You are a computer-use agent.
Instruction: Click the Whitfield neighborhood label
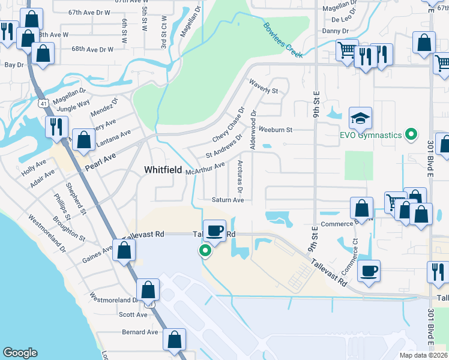pyautogui.click(x=163, y=170)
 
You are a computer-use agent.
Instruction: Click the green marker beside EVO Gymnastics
pyautogui.click(x=411, y=134)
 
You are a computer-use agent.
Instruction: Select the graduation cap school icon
pyautogui.click(x=361, y=119)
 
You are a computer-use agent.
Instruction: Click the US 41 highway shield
pyautogui.click(x=44, y=104)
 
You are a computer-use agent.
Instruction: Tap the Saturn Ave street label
pyautogui.click(x=228, y=200)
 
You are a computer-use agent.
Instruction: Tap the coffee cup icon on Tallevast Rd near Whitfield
pyautogui.click(x=214, y=230)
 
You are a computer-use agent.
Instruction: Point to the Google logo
pyautogui.click(x=20, y=352)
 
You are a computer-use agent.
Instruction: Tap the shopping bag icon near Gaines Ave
pyautogui.click(x=124, y=251)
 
